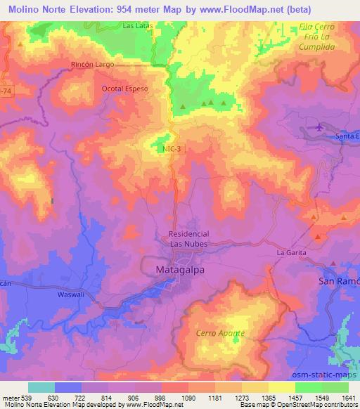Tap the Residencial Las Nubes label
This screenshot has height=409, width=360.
pyautogui.click(x=189, y=239)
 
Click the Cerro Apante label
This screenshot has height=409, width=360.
pyautogui.click(x=221, y=332)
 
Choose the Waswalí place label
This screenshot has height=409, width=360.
pyautogui.click(x=70, y=296)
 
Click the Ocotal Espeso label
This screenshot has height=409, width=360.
pyautogui.click(x=124, y=90)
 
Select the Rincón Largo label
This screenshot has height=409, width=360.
pyautogui.click(x=93, y=64)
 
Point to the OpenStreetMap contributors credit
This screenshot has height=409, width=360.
pyautogui.click(x=319, y=405)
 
